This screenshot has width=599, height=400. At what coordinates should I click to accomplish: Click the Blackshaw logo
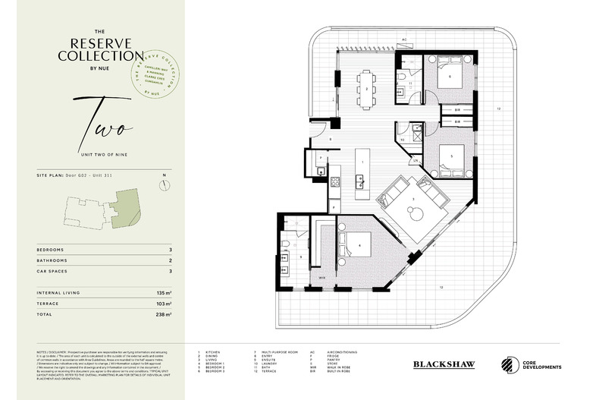pyautogui.click(x=445, y=364)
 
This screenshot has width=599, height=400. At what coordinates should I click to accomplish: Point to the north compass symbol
pyautogui.click(x=165, y=184)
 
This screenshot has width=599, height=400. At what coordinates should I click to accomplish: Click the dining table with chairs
pyautogui.click(x=367, y=89)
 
